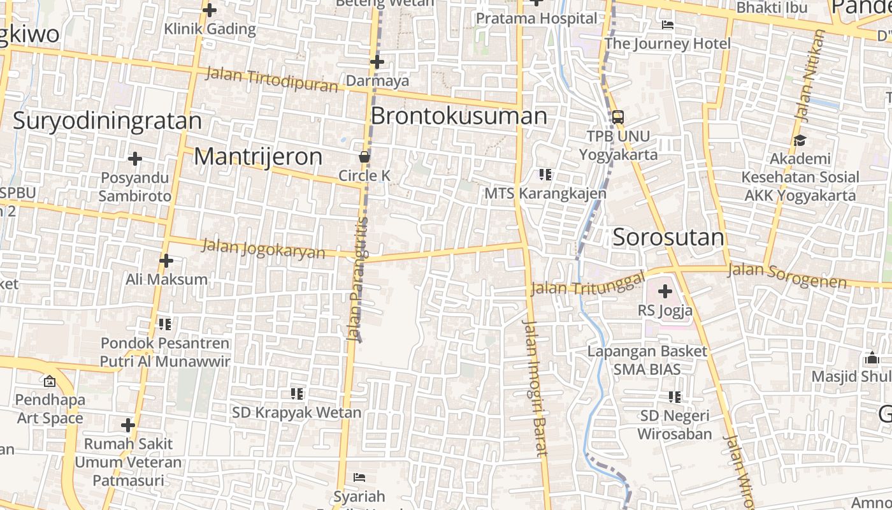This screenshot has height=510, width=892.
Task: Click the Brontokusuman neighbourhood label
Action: tap(459, 116)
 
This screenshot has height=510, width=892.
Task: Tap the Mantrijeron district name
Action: tap(258, 156)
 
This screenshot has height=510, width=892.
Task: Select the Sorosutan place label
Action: tap(668, 237)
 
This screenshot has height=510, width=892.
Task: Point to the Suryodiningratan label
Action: tap(107, 120)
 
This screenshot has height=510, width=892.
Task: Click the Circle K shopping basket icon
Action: tap(364, 156)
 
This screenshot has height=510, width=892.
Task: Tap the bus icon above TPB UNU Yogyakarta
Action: tap(617, 117)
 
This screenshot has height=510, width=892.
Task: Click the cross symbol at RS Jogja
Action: tap(665, 292)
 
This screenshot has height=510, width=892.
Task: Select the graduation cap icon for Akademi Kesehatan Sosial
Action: tap(800, 140)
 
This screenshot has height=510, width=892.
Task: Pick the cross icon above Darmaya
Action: tap(377, 62)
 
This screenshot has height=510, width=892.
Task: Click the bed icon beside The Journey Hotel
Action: tap(668, 25)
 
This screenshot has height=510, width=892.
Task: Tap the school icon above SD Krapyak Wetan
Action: tap(296, 394)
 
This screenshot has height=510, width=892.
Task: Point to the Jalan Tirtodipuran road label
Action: tap(271, 80)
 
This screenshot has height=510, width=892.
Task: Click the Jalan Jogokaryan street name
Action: tap(263, 249)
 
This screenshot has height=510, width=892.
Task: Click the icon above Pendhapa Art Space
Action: tap(49, 382)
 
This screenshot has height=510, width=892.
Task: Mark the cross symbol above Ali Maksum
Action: tap(166, 261)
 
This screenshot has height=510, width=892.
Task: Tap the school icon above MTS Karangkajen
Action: tap(545, 174)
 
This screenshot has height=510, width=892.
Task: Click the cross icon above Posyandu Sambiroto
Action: tap(134, 159)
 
